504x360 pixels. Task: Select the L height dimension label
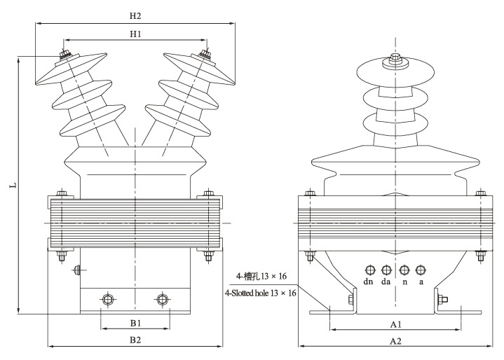pos(13,186)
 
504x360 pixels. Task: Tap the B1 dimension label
pos(136,323)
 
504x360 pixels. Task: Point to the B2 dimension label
pos(135,340)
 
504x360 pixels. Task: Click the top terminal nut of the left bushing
pos(64,54)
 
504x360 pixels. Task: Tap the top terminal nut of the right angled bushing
pos(205,54)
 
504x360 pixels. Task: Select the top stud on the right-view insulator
pos(395,60)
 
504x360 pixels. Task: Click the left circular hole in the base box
pos(107,300)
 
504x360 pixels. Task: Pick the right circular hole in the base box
pos(163,300)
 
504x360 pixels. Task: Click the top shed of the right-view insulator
pos(395,72)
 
